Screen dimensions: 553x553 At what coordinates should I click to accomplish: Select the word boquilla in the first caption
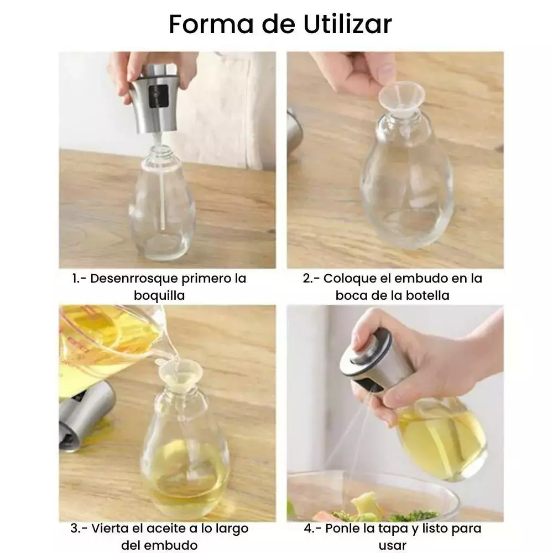click(x=159, y=295)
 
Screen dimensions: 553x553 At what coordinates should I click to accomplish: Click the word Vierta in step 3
click(x=109, y=528)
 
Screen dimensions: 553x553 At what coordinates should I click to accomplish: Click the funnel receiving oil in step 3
click(x=180, y=373)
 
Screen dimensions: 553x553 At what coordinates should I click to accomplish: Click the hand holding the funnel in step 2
click(x=356, y=72)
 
